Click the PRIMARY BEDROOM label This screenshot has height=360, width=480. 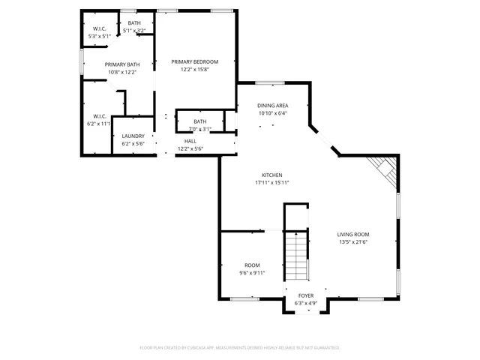tap(194, 61)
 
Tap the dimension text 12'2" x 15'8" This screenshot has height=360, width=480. tap(194, 70)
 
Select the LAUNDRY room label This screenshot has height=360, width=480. tap(133, 136)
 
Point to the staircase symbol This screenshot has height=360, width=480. tap(297, 255)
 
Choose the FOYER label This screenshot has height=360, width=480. tap(306, 295)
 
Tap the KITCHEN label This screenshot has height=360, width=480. tap(271, 174)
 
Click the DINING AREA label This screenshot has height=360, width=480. tap(273, 106)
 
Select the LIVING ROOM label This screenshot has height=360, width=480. tap(352, 234)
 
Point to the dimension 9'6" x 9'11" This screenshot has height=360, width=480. tap(252, 273)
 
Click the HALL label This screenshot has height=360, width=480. tap(190, 141)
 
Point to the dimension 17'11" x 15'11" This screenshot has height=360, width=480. tap(271, 182)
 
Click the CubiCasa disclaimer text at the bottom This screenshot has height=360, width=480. tap(240, 348)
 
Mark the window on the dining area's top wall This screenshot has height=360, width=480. tap(270, 82)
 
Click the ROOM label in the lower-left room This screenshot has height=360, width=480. tap(252, 265)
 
